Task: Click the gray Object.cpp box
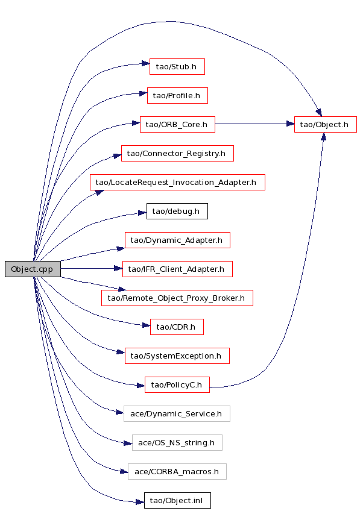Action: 33,269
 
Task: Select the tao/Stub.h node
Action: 177,66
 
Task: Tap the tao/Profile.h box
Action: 177,95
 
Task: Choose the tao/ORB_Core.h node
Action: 177,124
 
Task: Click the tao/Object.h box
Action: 326,124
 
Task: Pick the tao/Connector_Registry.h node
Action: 177,153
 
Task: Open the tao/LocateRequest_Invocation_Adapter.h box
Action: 177,182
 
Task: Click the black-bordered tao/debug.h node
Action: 177,211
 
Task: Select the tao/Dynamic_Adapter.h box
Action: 177,240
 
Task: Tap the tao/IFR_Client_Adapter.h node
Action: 177,269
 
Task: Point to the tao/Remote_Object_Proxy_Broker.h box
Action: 177,298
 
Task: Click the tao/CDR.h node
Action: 177,327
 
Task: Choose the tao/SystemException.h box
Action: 177,356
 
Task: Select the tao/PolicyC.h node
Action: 177,384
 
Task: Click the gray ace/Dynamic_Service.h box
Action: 177,413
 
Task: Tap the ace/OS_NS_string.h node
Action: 177,442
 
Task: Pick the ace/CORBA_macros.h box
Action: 177,472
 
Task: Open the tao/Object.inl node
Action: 177,500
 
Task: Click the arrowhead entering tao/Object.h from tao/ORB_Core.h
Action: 290,124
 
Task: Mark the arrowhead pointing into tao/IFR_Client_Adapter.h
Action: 118,269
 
